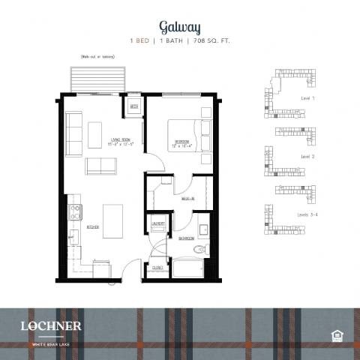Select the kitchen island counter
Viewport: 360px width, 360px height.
tap(112, 218)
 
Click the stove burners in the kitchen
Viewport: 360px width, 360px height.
tap(75, 212)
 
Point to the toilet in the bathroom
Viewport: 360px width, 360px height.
tap(199, 250)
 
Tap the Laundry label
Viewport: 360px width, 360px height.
tap(158, 223)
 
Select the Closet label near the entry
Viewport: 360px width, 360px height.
tap(157, 267)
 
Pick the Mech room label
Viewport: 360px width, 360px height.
tap(134, 106)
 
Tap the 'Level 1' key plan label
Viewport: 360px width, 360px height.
tap(307, 98)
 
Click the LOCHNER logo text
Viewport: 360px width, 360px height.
tap(52, 325)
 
